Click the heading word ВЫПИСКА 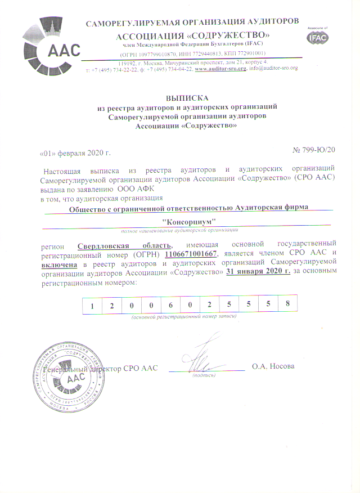(x=188, y=98)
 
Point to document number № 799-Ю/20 (x=314, y=150)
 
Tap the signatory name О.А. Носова (x=273, y=367)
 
